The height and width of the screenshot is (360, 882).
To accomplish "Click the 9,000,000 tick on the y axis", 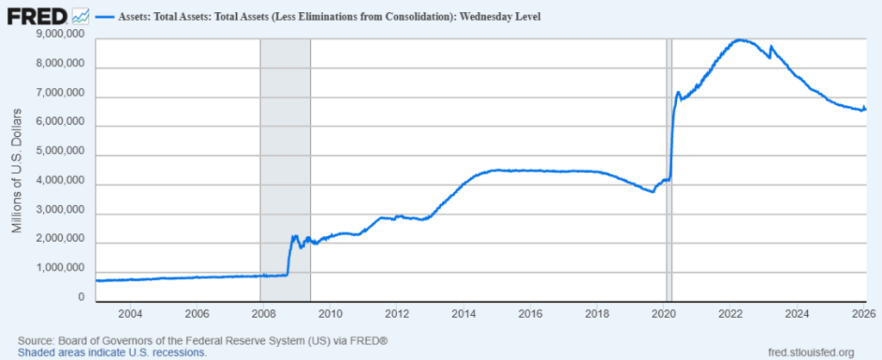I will [61, 34].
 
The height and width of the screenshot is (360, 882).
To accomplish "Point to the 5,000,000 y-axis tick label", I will [61, 152].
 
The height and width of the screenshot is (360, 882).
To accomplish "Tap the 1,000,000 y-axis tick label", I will [61, 269].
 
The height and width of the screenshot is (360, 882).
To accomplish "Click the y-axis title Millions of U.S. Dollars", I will [16, 171].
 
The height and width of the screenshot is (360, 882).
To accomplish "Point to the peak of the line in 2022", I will [739, 40].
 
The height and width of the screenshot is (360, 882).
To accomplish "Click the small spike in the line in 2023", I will [771, 47].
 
